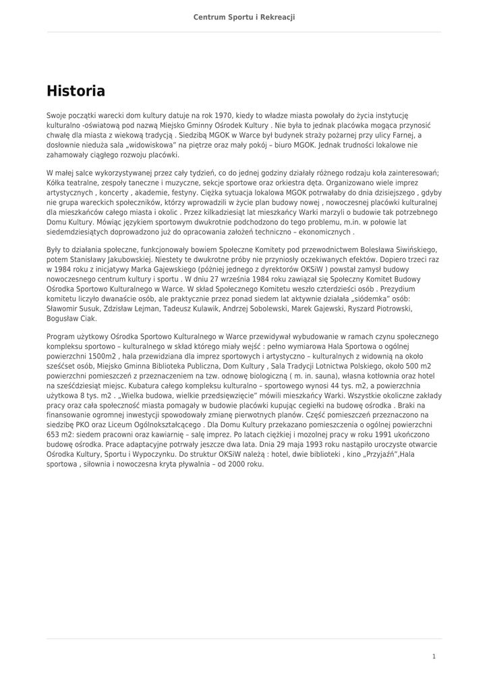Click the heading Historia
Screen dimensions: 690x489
76,91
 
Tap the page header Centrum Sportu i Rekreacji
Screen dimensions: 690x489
244,17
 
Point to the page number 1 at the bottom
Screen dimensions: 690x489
434,656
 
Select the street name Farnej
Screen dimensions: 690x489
405,135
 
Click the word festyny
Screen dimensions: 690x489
212,192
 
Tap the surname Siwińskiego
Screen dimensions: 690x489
412,250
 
